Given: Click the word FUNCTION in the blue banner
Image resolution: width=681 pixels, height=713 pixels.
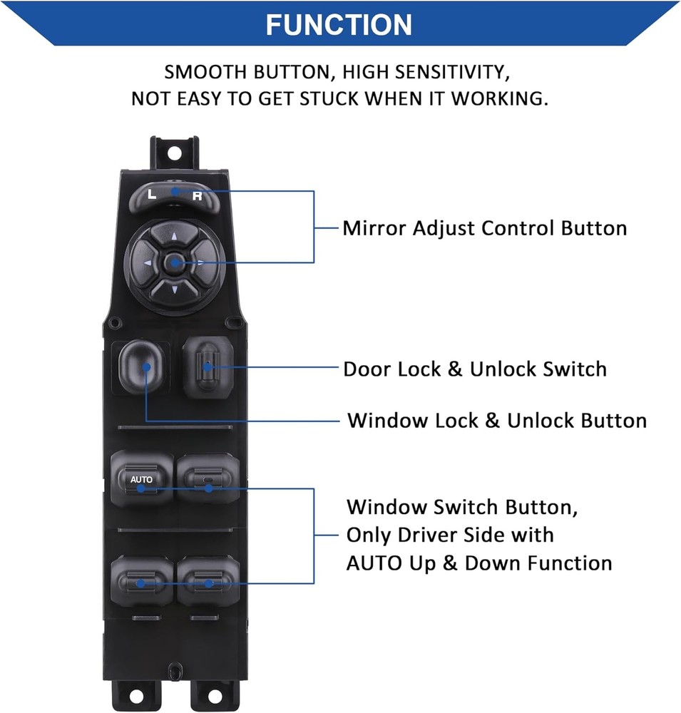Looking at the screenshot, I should pyautogui.click(x=339, y=25).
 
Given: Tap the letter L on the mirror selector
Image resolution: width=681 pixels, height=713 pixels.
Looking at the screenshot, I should pyautogui.click(x=150, y=193).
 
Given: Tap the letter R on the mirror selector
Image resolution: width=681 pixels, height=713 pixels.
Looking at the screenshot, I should pyautogui.click(x=198, y=196).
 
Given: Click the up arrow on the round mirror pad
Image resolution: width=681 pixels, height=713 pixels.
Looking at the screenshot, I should pyautogui.click(x=173, y=235).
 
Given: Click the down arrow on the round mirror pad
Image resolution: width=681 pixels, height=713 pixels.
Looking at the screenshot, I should pyautogui.click(x=173, y=289).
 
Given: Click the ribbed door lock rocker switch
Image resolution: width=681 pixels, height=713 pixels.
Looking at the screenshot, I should pyautogui.click(x=206, y=366).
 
